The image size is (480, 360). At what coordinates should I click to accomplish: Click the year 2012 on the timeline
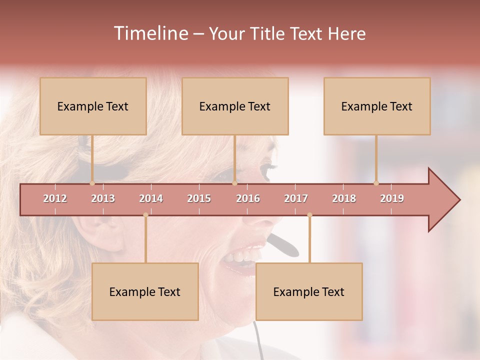point(55,198)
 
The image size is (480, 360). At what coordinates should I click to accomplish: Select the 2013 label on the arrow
point(103,198)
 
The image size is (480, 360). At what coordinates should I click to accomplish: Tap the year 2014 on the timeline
point(151,198)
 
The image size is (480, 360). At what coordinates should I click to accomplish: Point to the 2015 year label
point(199,198)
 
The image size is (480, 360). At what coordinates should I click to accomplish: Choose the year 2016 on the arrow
point(248,198)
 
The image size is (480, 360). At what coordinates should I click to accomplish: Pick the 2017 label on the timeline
point(296,198)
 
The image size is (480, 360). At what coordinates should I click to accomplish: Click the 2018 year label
point(344,198)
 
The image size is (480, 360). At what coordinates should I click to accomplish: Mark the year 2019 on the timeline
point(392,198)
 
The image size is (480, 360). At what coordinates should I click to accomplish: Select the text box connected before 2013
point(93,106)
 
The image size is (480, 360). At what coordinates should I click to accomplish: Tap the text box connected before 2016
point(235,106)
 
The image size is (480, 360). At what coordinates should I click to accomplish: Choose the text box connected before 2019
point(377,106)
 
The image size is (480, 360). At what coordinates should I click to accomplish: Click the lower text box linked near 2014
point(145,291)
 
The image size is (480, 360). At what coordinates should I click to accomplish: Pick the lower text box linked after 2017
point(309,291)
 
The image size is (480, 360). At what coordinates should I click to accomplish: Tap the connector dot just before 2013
point(92,183)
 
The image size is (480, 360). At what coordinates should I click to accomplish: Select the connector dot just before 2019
point(376,183)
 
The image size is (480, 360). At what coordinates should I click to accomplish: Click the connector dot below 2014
point(145,215)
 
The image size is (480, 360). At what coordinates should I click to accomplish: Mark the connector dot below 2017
point(309,215)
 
